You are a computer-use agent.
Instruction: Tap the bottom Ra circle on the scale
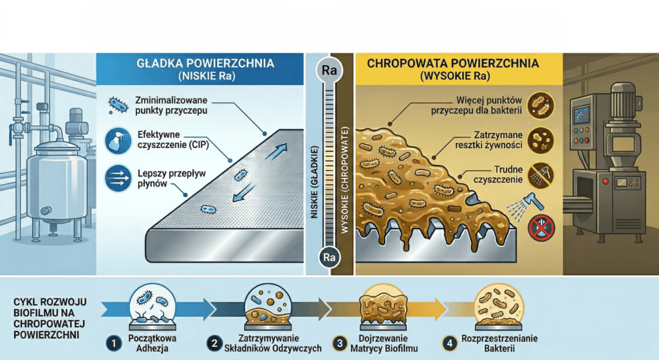[x=329, y=258]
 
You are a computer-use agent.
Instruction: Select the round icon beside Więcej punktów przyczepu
[x=539, y=105]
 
